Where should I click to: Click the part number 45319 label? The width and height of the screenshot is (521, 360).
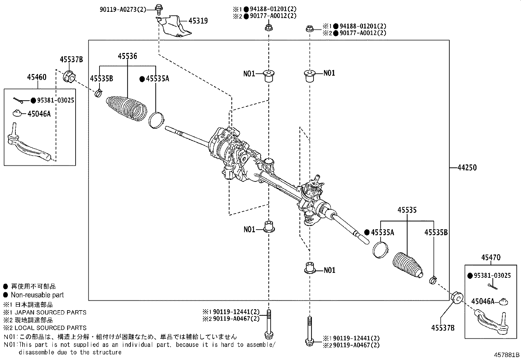(198, 21)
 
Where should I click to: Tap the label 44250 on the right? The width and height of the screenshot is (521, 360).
(467, 168)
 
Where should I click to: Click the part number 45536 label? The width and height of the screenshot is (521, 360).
(128, 56)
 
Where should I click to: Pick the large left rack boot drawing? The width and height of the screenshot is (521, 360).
(126, 106)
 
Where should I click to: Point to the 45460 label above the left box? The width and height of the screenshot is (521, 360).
(37, 77)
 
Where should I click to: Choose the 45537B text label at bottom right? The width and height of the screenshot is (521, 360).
(443, 328)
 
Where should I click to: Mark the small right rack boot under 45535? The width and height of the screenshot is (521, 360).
(407, 265)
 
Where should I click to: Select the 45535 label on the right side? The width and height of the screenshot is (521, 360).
(407, 210)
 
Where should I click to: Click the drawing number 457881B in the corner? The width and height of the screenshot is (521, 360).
(507, 354)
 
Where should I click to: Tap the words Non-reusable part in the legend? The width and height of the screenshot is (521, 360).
(37, 295)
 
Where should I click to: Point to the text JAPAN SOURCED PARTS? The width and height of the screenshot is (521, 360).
(49, 312)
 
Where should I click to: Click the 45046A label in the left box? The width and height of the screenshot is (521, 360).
(39, 114)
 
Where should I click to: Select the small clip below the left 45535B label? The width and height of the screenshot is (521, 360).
(99, 94)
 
